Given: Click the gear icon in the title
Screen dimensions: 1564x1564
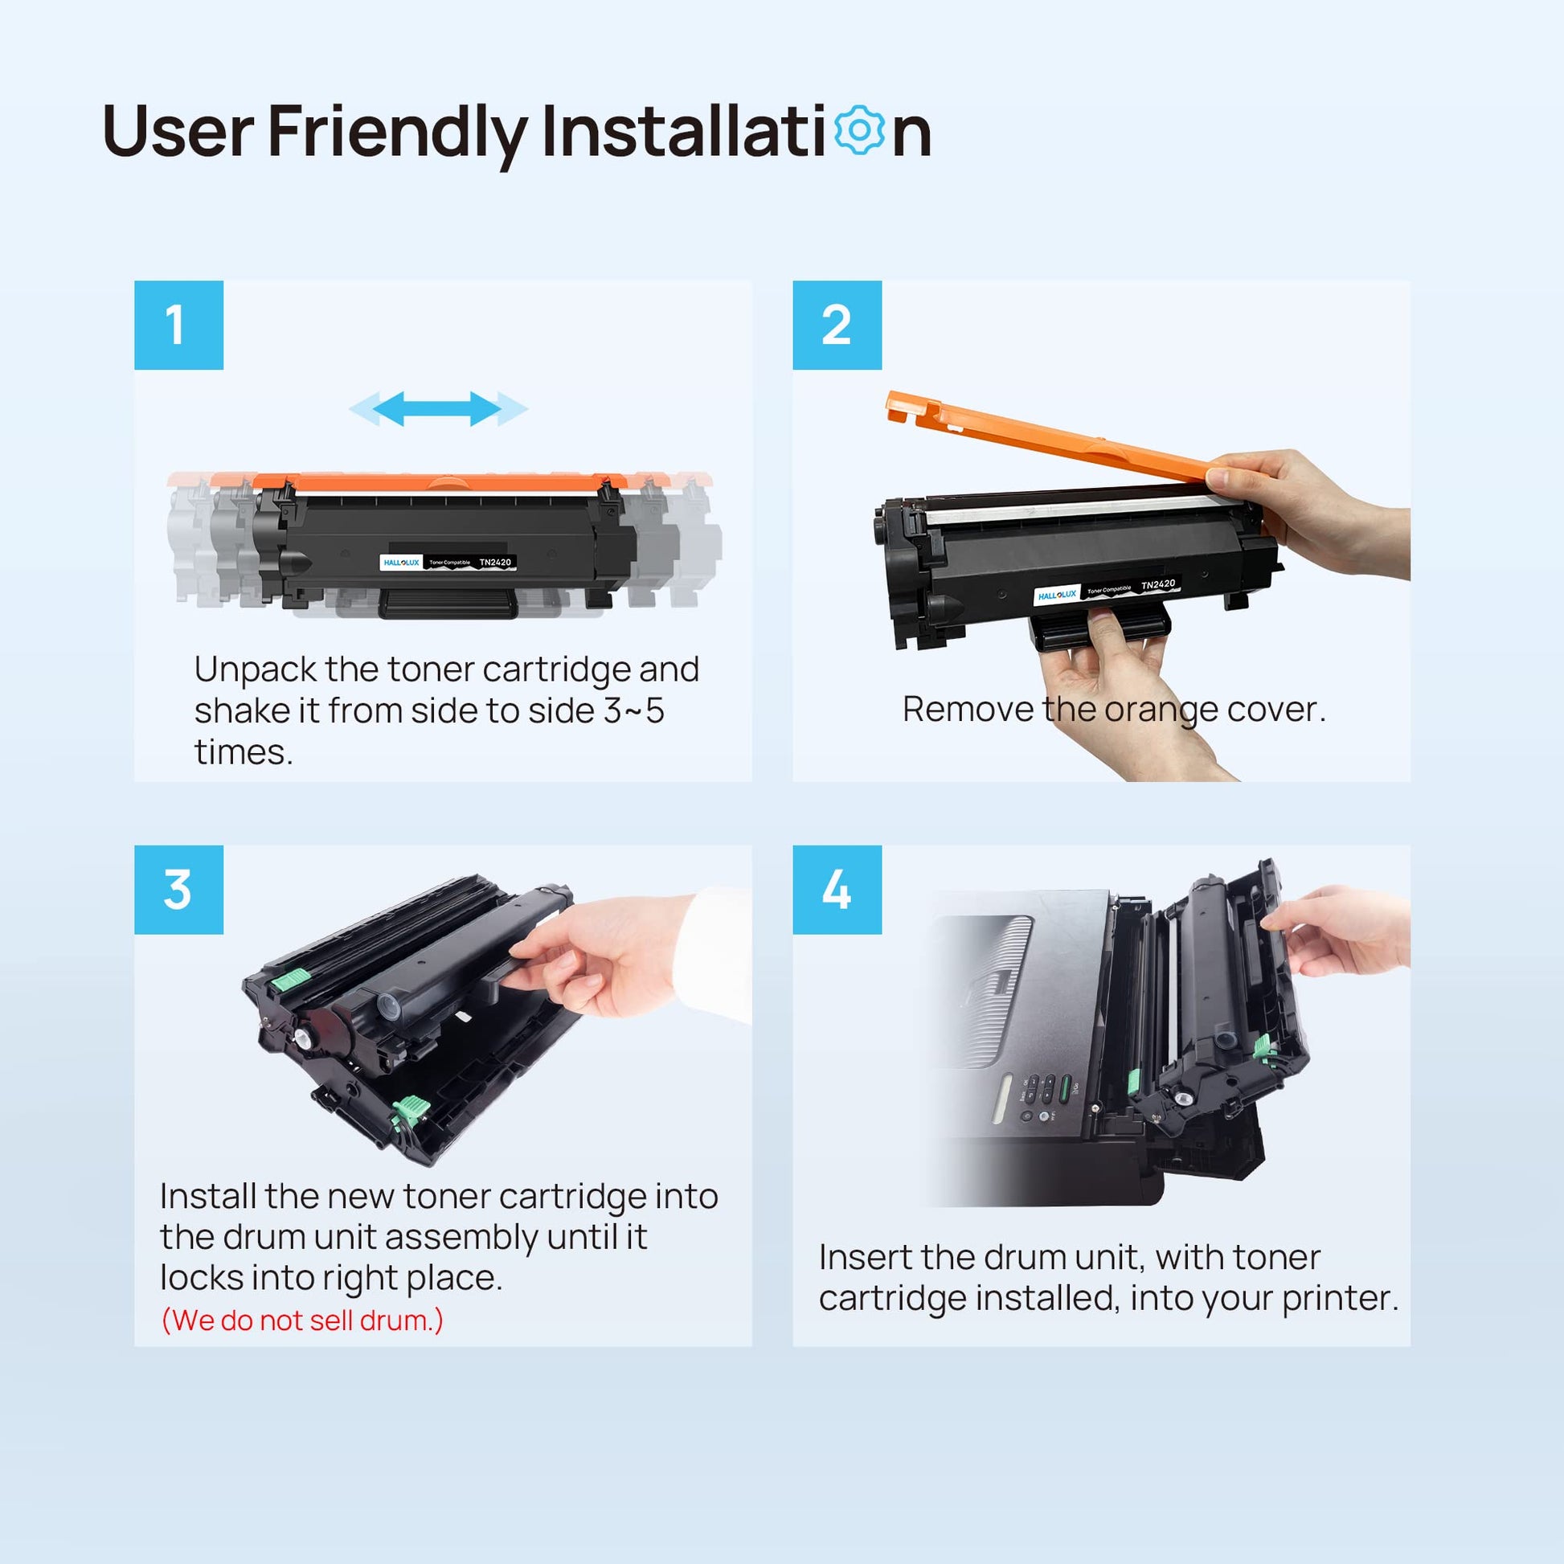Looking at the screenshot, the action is (x=859, y=130).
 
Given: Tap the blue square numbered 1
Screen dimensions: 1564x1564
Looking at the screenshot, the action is (x=179, y=325).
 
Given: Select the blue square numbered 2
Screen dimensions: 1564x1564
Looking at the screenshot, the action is (x=837, y=325).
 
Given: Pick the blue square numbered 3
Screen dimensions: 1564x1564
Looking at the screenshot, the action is (x=179, y=890).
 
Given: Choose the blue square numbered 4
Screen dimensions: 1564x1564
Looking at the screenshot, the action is (x=837, y=890).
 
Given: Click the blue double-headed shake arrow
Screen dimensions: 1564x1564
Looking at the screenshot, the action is (x=438, y=408).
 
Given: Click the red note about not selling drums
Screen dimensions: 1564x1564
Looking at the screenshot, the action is (x=302, y=1320).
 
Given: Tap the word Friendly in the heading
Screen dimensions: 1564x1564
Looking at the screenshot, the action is (x=397, y=132).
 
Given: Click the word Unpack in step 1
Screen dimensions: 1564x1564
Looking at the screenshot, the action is (x=255, y=670).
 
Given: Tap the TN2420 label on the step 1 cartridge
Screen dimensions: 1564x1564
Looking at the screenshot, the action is (x=495, y=562).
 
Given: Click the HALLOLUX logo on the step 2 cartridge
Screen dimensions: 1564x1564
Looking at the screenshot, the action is (x=1057, y=595).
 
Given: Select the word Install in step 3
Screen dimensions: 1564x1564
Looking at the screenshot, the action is (x=207, y=1196).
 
